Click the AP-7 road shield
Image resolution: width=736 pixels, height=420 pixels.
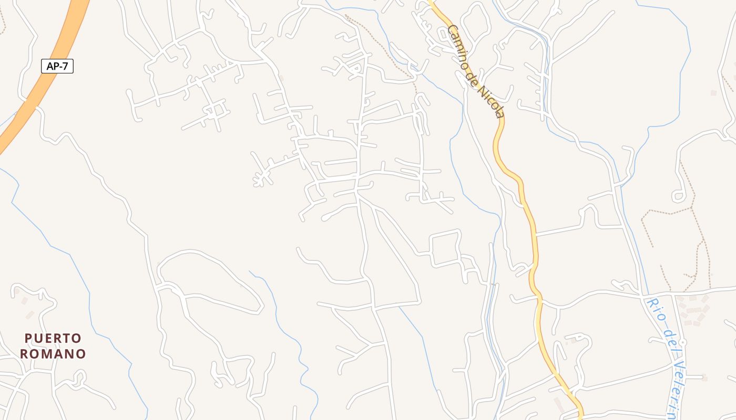(x=57, y=66)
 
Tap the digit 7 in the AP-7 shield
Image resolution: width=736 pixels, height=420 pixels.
(x=67, y=66)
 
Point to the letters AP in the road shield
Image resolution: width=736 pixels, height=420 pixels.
(x=52, y=66)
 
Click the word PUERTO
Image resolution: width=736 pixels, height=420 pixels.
(x=53, y=338)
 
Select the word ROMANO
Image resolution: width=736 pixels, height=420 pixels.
(x=53, y=354)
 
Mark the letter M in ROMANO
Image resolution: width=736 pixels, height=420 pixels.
(x=53, y=354)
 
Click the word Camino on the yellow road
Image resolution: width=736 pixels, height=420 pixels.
(x=458, y=48)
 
